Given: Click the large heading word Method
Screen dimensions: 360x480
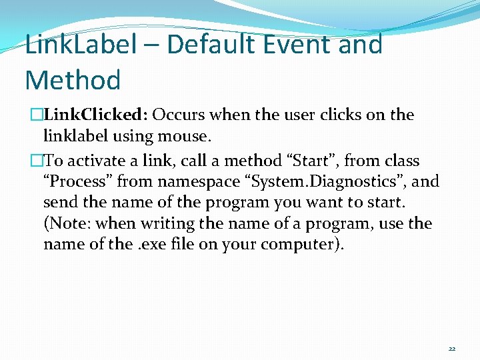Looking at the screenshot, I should pos(73,81).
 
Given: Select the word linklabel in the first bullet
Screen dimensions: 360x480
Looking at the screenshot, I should pos(73,136).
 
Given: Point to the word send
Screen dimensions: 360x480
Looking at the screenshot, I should pos(59,202).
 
